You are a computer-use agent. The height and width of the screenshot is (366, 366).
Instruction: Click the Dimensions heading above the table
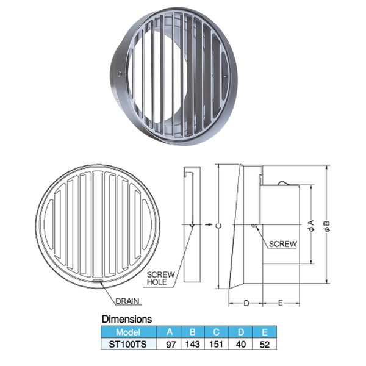127,319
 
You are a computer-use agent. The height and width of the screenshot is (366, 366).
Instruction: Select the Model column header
128,332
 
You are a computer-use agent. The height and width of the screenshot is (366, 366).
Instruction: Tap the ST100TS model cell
128,344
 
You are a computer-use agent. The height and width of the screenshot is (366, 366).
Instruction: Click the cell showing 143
193,345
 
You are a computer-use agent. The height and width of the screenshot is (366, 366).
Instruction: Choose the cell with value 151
216,345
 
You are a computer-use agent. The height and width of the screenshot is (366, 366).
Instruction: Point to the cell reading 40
241,345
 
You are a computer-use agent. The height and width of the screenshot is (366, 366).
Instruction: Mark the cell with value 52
265,345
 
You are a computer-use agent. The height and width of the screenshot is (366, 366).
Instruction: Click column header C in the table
216,332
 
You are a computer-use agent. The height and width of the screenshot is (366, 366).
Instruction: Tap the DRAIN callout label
127,301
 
